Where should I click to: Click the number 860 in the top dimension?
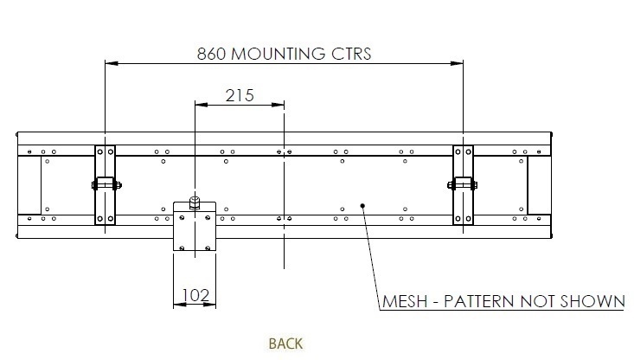(x=211, y=54)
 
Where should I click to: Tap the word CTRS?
(x=351, y=54)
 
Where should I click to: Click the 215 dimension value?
(x=240, y=95)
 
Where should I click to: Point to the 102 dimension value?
(x=196, y=295)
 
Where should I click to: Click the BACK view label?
(x=285, y=344)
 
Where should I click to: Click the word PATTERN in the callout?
(x=482, y=301)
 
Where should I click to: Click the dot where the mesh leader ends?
(x=363, y=206)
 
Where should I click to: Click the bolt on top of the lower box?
(x=195, y=203)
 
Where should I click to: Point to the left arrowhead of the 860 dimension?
(x=110, y=62)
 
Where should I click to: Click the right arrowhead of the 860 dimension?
(x=458, y=62)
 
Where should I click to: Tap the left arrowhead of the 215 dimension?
(x=199, y=105)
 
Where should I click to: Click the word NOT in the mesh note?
(x=536, y=301)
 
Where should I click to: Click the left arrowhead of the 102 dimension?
(x=179, y=305)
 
